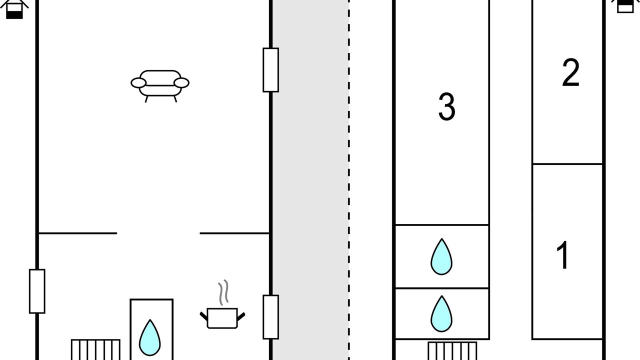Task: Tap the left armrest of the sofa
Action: (138, 83)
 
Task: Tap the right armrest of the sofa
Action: (181, 83)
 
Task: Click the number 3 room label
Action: (446, 106)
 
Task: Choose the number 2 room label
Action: (570, 73)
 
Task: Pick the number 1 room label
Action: (563, 255)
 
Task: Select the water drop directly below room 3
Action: (441, 257)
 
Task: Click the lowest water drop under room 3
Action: (441, 314)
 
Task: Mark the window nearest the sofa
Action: (270, 70)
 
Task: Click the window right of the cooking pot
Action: (270, 317)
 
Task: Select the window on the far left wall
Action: (37, 291)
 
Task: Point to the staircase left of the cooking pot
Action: (95, 349)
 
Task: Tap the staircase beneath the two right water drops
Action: (452, 350)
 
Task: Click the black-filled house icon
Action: (14, 8)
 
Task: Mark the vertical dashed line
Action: (349, 180)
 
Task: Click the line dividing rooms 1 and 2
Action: (567, 164)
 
